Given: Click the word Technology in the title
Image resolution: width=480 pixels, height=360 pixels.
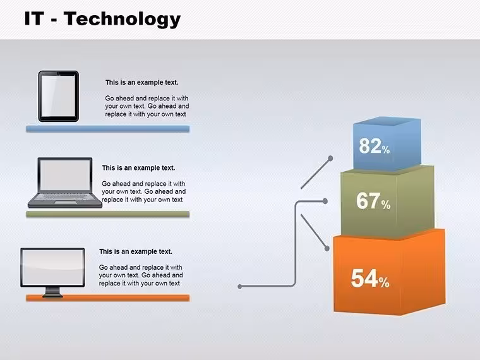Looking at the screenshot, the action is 123,19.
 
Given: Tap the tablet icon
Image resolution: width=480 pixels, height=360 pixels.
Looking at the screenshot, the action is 59,96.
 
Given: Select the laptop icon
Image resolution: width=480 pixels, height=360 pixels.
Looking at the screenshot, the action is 65,183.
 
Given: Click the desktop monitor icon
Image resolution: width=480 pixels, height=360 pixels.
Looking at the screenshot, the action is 52,272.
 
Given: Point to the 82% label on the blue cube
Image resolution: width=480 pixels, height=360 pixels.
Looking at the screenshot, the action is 374,146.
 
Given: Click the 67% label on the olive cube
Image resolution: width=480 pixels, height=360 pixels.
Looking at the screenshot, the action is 373,201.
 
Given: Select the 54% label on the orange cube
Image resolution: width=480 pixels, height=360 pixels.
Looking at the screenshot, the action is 370,279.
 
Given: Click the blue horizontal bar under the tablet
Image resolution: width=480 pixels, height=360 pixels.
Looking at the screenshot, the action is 108,129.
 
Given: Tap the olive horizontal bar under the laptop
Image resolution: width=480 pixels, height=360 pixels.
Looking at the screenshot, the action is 108,214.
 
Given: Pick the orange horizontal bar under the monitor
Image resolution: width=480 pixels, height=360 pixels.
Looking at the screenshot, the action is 108,298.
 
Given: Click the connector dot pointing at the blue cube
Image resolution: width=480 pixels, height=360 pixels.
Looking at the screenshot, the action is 330,159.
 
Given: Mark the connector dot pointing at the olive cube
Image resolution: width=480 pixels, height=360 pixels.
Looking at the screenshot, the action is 325,201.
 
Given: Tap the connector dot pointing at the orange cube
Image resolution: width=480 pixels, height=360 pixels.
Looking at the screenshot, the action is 327,248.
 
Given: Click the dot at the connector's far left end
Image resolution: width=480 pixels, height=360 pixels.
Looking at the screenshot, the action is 240,287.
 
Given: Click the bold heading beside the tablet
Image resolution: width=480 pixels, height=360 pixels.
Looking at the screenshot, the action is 141,83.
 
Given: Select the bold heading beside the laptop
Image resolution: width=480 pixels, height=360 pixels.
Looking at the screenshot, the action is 138,168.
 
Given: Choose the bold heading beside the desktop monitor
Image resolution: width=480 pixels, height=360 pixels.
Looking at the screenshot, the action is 136,251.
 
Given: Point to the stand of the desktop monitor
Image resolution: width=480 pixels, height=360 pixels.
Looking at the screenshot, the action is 52,292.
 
